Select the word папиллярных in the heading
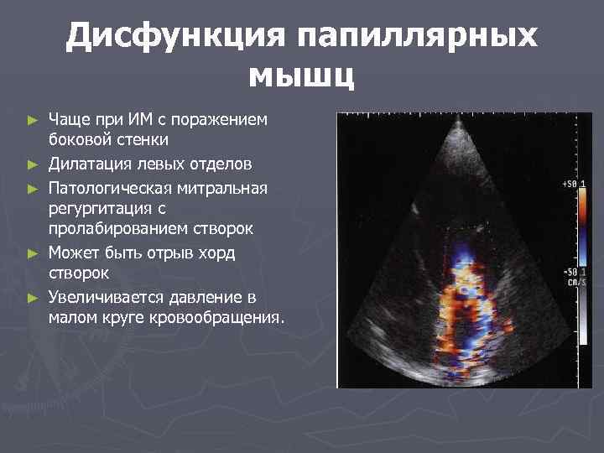[414, 37]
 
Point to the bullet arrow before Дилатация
[34, 162]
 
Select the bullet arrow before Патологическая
[34, 185]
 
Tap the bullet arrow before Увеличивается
[34, 298]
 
